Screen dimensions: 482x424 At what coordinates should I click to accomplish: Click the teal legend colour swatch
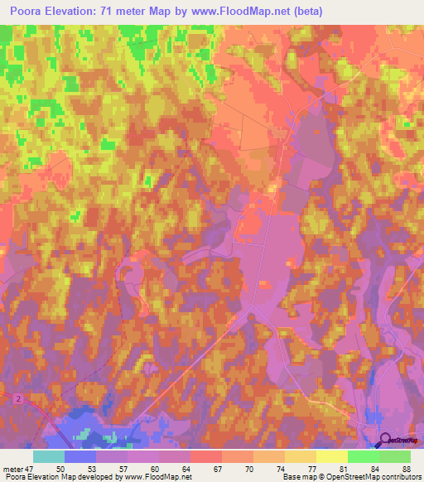click(x=49, y=456)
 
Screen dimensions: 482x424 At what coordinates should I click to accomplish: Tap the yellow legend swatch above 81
click(x=332, y=456)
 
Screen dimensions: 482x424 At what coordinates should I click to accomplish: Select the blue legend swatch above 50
click(x=80, y=456)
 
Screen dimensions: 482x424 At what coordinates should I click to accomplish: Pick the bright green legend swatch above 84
click(x=364, y=456)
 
